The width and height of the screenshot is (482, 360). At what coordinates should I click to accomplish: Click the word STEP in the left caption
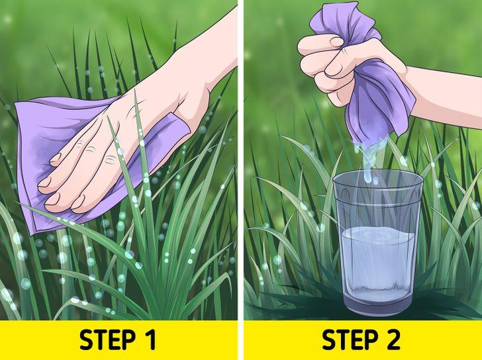coord(107,340)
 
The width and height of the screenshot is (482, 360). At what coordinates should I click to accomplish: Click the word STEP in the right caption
coord(350,340)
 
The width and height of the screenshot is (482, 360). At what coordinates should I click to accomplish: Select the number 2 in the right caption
coord(393,340)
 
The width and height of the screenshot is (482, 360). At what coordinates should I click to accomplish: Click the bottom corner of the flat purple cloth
coord(33,235)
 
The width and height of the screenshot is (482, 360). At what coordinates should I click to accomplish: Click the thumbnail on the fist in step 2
coord(336,42)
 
